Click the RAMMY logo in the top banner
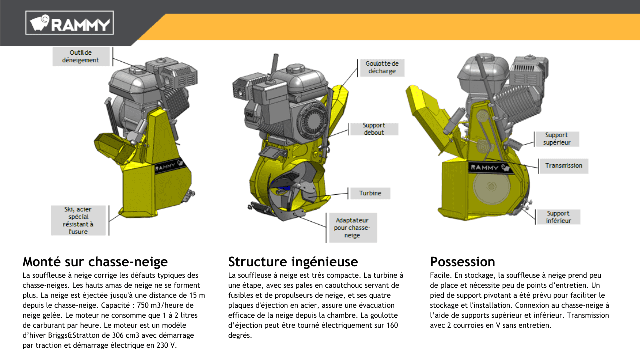click(x=69, y=23)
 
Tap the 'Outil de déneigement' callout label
click(x=81, y=56)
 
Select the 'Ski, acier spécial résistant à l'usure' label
click(x=78, y=220)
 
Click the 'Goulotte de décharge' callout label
click(x=382, y=67)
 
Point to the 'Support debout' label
click(x=374, y=129)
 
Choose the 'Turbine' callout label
click(x=370, y=193)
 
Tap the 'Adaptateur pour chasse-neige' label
click(x=352, y=228)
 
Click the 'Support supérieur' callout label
click(x=557, y=139)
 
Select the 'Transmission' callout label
click(x=563, y=166)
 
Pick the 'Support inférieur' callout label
click(x=558, y=217)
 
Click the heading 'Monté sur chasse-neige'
click(x=95, y=262)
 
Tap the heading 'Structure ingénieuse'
click(x=293, y=262)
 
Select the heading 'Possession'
click(x=462, y=262)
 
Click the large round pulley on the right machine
click(x=491, y=187)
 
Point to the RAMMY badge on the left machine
click(x=169, y=165)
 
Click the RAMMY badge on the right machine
click(x=490, y=167)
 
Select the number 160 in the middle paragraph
click(x=392, y=325)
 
